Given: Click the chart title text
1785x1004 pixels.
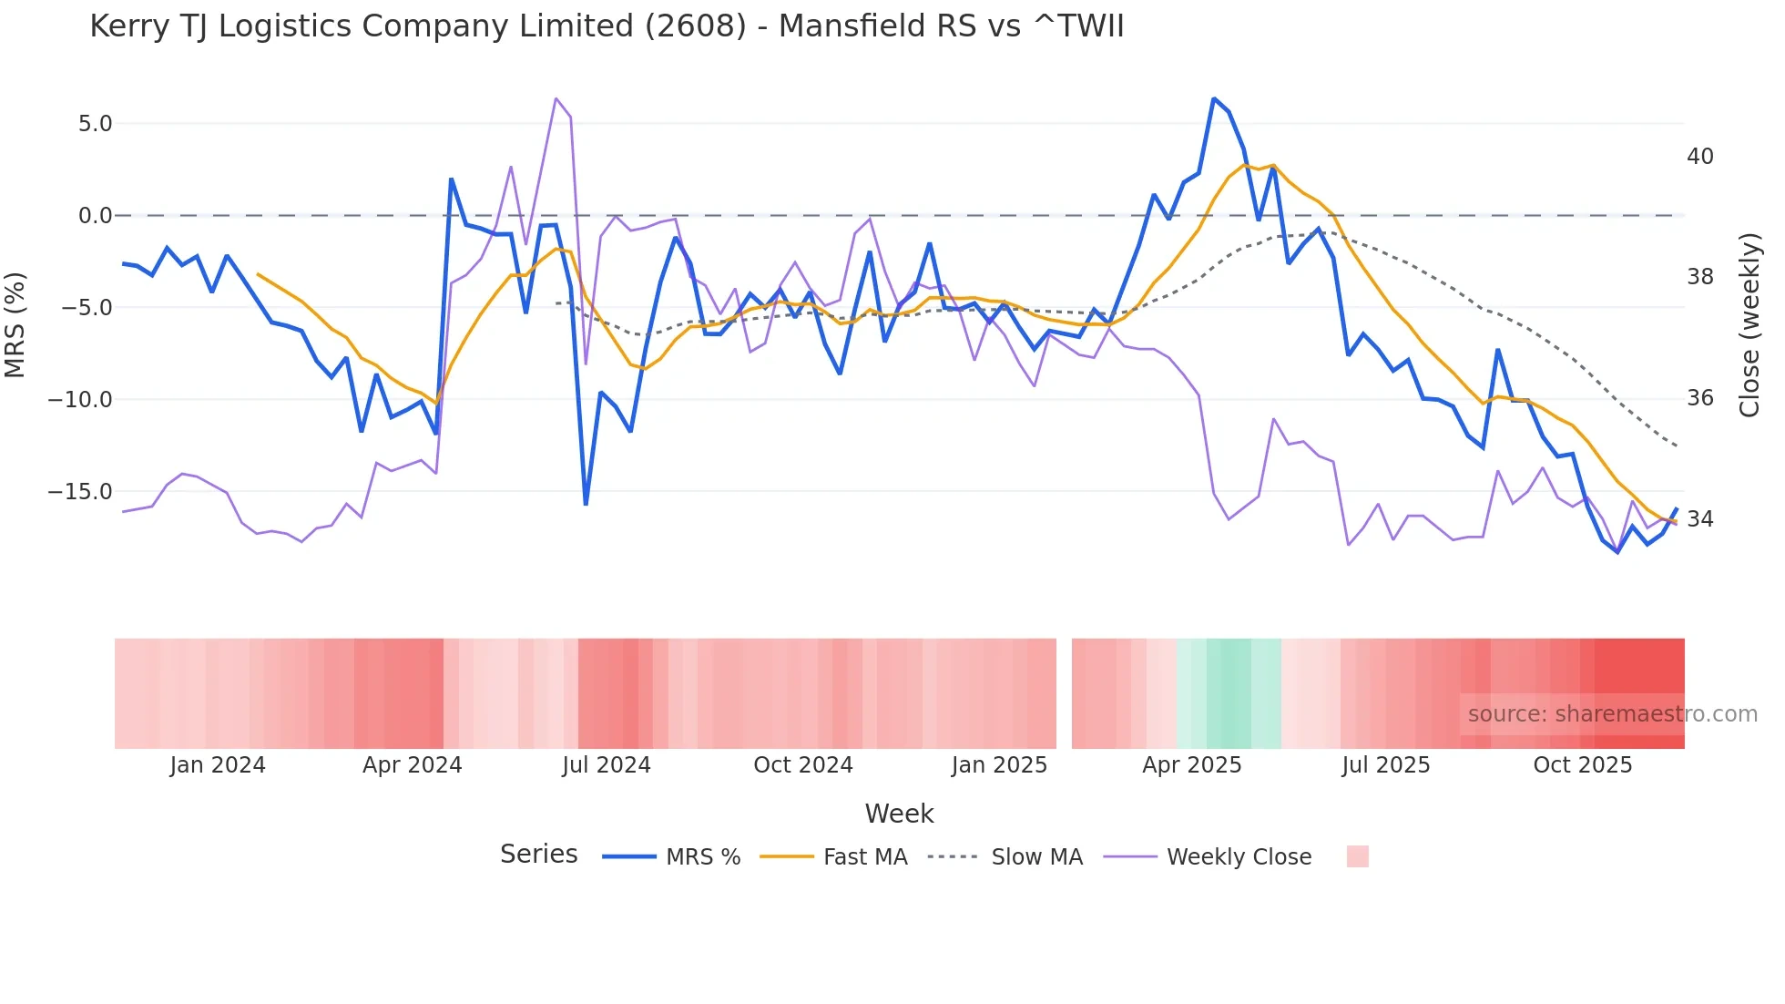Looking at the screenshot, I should coord(607,26).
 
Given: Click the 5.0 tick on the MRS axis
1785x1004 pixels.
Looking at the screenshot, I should coord(95,124).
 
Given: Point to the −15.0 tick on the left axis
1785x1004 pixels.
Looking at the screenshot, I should coord(80,492).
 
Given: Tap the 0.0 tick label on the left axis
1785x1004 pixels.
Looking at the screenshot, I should coord(95,216).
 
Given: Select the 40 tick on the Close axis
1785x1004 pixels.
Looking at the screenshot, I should coord(1699,157).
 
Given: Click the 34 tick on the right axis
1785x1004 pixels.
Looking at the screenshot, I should coord(1699,519).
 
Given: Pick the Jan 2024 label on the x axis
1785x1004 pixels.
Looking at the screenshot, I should coord(218,765).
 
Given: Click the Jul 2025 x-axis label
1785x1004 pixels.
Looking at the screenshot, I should coord(1385,765).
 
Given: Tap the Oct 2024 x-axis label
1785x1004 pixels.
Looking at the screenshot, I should coord(802,765).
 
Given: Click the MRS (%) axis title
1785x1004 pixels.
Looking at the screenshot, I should coord(15,324).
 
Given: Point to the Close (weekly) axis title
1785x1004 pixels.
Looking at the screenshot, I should coord(1749,324).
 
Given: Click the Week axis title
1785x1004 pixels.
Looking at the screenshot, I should coord(899,814).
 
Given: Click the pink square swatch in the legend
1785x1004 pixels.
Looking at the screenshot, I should coord(1357,856).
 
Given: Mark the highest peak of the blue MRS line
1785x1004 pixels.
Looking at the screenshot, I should coord(1214,98).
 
